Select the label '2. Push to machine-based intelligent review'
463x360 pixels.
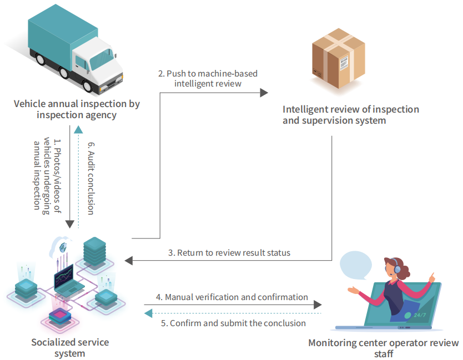(208, 78)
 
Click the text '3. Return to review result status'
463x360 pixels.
(229, 253)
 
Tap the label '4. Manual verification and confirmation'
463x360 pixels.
(231, 297)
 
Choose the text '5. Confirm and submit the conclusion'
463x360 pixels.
(233, 323)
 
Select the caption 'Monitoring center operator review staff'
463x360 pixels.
(384, 348)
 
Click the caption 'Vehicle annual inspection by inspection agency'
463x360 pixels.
(77, 109)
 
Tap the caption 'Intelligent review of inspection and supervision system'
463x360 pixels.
(350, 115)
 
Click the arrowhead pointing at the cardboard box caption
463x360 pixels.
(264, 93)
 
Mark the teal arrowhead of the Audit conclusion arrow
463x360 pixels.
(78, 129)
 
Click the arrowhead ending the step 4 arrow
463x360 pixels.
(318, 305)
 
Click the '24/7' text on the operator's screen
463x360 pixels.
(420, 315)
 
